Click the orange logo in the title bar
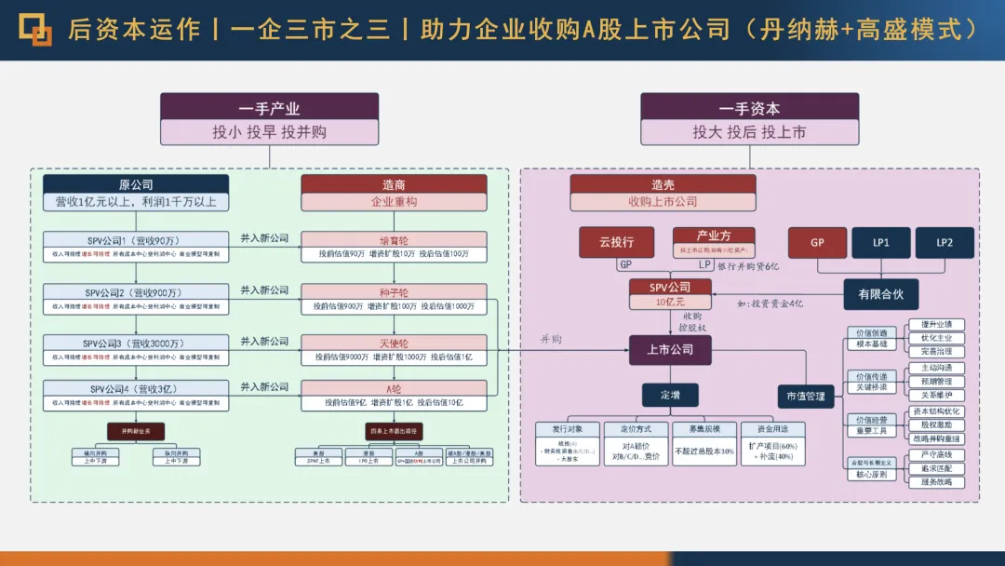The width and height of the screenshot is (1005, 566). pyautogui.click(x=35, y=29)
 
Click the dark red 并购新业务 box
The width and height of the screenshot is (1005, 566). pyautogui.click(x=136, y=431)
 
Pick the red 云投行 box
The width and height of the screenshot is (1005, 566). pyautogui.click(x=615, y=242)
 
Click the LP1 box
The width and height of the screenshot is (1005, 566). pyautogui.click(x=879, y=242)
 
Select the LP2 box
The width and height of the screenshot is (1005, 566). pyautogui.click(x=945, y=242)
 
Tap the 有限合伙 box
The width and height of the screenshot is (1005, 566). pyautogui.click(x=880, y=294)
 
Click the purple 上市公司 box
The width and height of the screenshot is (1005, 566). pyautogui.click(x=670, y=350)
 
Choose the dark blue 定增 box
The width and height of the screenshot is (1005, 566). pyautogui.click(x=670, y=396)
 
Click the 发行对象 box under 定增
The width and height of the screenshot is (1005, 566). pyautogui.click(x=567, y=428)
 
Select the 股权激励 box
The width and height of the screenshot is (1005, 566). pyautogui.click(x=936, y=424)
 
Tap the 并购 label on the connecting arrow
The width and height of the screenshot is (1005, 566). pyautogui.click(x=551, y=340)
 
